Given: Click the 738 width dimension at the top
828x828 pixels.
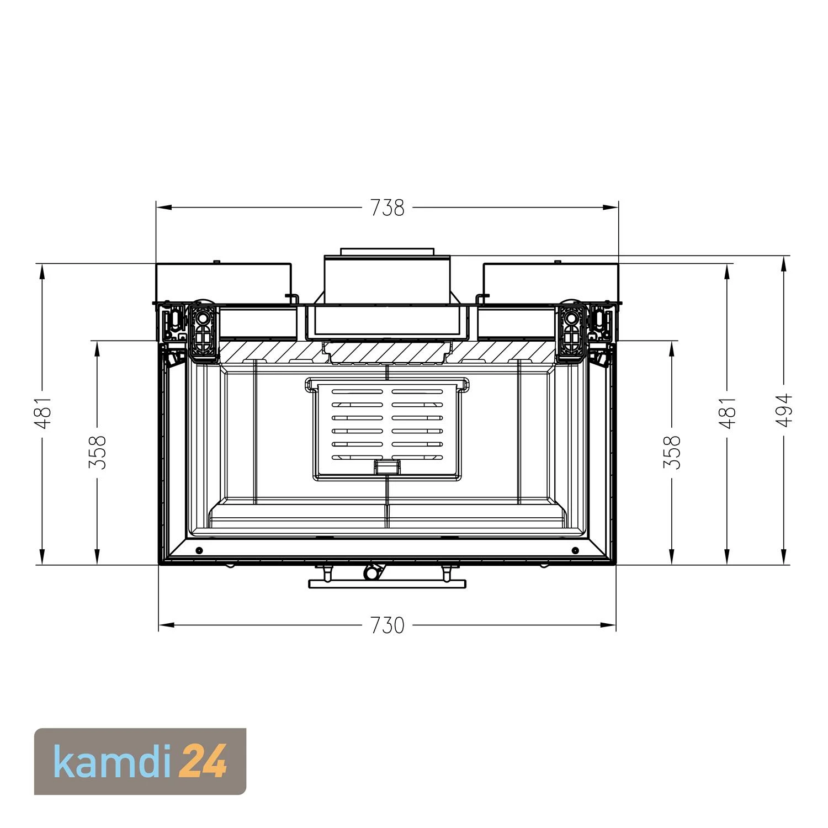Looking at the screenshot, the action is [x=388, y=208].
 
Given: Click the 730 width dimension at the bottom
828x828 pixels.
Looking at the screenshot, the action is [x=388, y=625].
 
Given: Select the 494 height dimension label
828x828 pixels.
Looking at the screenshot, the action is [x=784, y=410].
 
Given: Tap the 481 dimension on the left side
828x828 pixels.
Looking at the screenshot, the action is [x=43, y=413].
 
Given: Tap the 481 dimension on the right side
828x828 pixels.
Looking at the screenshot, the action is [x=728, y=413].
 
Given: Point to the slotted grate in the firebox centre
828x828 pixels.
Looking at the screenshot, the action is [x=387, y=428].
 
